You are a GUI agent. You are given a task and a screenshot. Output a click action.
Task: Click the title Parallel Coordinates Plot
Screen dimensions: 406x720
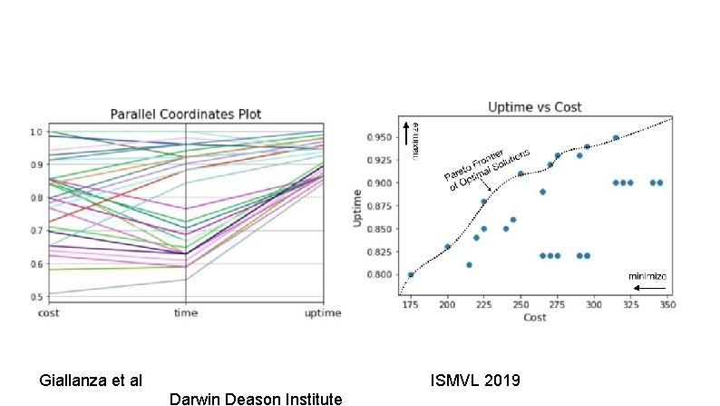186,114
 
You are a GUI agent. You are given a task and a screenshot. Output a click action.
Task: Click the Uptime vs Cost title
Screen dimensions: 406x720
535,107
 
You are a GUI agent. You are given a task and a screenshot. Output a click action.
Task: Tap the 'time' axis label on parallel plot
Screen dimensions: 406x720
186,313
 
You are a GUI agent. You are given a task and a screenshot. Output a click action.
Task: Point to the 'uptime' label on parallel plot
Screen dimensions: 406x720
322,313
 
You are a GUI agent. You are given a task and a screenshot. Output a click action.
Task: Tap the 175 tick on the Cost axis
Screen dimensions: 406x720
411,306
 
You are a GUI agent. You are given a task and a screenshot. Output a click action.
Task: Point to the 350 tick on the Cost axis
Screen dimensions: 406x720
667,306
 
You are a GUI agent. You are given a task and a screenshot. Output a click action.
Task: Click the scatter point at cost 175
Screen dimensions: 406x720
411,274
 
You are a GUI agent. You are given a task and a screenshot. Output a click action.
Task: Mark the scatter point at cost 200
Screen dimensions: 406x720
448,247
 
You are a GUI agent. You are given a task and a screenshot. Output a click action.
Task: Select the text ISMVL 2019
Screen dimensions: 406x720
475,380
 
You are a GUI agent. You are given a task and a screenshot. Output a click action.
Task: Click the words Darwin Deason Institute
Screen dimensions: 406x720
255,398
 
